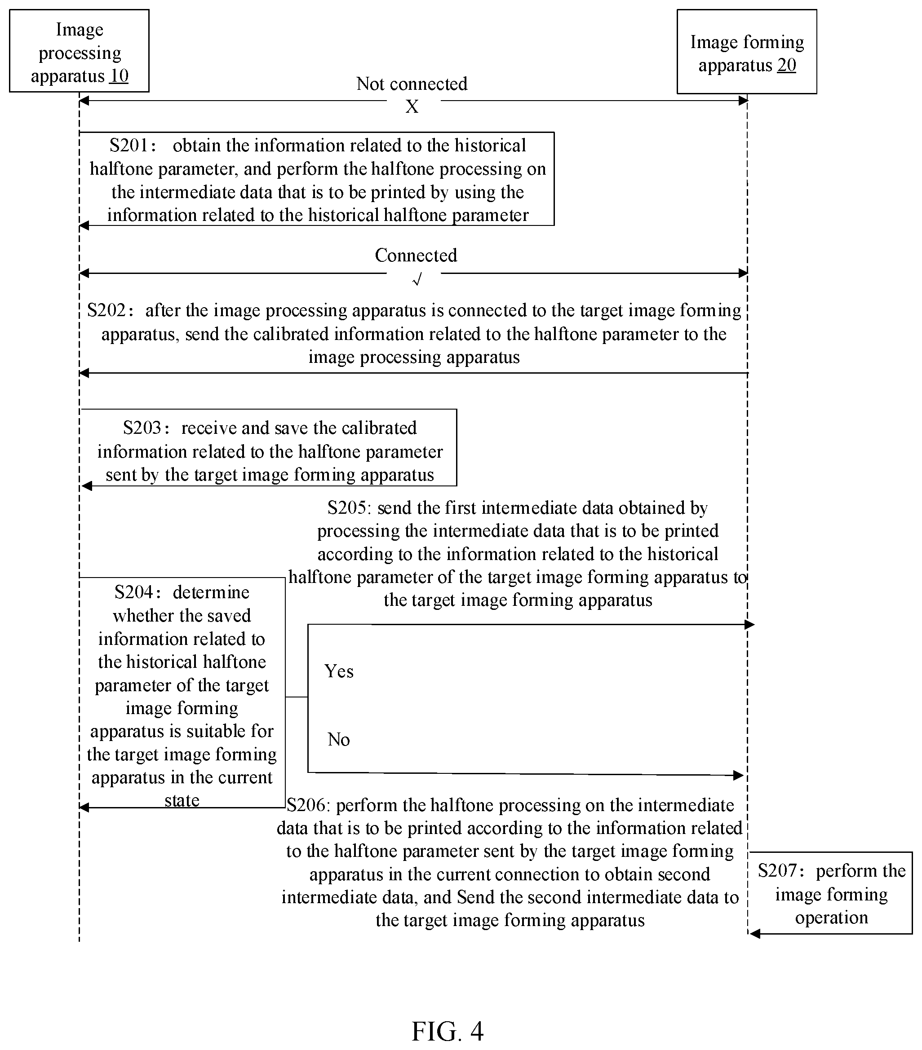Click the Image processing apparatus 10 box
79,51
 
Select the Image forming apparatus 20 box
747,51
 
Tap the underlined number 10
119,75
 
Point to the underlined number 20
786,65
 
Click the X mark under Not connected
412,106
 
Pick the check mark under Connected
417,279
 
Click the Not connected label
412,84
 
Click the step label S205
350,508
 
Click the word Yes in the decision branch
339,671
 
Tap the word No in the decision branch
339,739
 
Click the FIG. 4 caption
448,1031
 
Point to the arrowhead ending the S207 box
754,933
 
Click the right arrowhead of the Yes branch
749,625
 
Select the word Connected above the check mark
416,255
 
